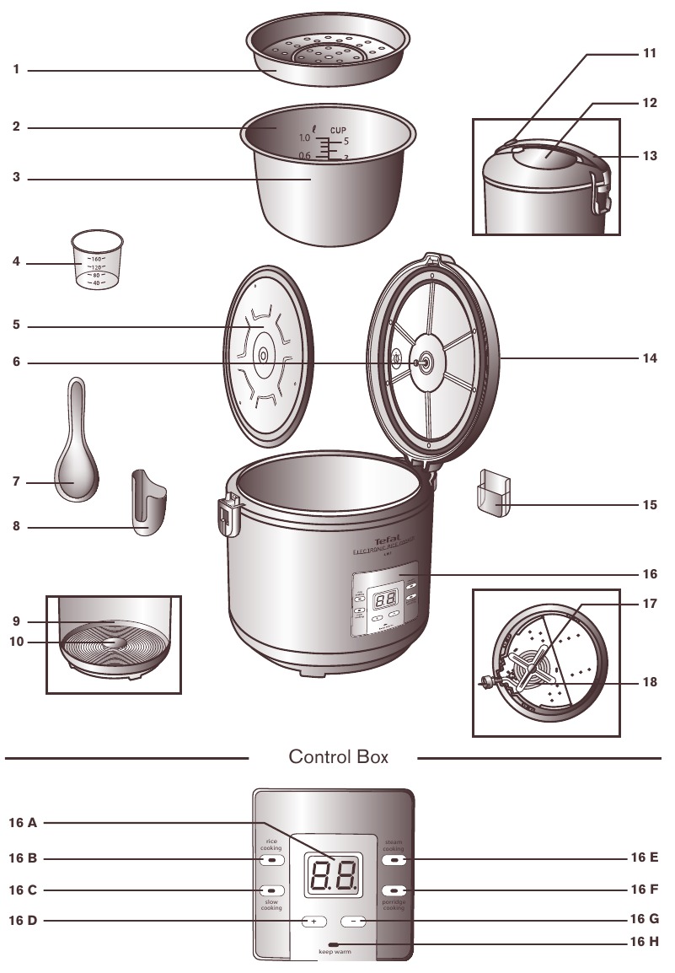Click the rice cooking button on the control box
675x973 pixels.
coord(270,859)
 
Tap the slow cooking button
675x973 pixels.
coord(270,890)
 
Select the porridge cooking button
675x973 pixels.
coord(394,890)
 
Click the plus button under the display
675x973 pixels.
coord(313,922)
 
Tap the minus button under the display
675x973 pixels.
coord(355,922)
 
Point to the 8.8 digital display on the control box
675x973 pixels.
coord(332,877)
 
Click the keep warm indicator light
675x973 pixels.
coord(335,943)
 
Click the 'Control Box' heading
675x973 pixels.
coord(338,757)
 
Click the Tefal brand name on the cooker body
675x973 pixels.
coord(384,540)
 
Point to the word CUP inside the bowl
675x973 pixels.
coord(338,130)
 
